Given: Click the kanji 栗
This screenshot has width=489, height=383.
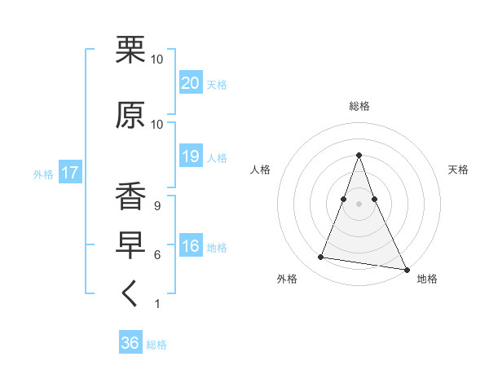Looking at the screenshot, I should tap(130, 51).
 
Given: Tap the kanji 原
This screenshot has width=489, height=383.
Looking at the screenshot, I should tap(130, 116).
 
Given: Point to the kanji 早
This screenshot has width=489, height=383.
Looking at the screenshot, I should tap(130, 247).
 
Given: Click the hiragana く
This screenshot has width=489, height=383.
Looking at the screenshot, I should tap(130, 296).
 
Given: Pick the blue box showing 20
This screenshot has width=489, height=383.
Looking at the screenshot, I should tap(190, 83).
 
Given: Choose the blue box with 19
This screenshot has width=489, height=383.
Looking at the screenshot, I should tap(190, 156).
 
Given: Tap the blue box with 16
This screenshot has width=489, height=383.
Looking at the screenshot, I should tap(190, 247).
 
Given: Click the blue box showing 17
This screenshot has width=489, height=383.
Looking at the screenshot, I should tap(69, 173).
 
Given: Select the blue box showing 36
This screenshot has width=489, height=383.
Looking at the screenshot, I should tap(130, 343).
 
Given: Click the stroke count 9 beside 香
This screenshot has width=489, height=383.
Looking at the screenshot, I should tap(156, 206).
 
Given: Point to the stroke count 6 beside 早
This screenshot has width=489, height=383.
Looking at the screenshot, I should tap(156, 255).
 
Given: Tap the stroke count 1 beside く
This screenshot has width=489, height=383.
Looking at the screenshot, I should tap(156, 304).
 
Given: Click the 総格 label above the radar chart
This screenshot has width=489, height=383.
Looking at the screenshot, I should tap(359, 106).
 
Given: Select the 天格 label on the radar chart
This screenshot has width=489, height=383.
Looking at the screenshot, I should tap(458, 169).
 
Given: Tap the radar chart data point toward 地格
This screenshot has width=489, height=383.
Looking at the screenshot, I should tap(407, 267).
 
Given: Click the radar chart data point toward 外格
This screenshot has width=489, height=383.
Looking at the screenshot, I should tap(320, 258).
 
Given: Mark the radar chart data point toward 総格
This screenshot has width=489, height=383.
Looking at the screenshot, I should tap(359, 155).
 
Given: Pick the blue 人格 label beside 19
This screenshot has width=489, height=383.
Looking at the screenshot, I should tap(217, 157).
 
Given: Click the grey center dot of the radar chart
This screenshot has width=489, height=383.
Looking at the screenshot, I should tap(359, 204).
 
